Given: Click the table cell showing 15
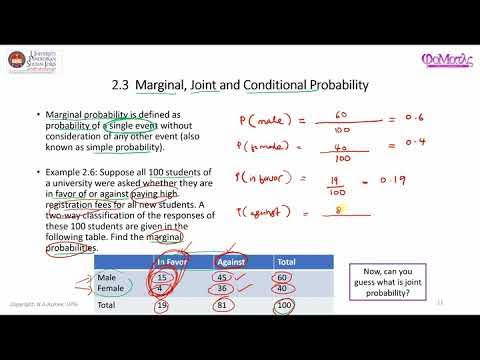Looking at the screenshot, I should point(165,276).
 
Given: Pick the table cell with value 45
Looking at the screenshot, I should point(226,276).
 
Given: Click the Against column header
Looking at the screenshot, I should point(231,261).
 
